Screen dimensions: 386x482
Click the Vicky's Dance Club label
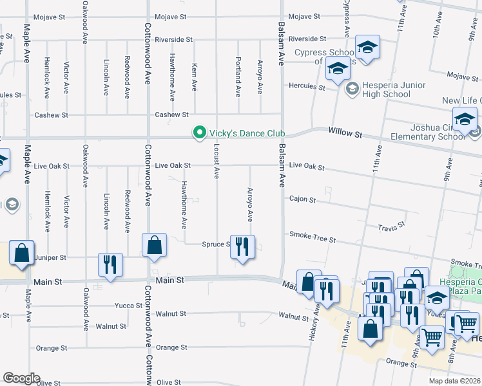(247, 133)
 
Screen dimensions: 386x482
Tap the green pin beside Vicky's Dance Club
(200, 133)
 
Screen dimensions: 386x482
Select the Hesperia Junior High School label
(386, 89)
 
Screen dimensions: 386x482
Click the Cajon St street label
(302, 199)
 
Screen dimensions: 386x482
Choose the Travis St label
(390, 226)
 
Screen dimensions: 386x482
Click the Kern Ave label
(194, 77)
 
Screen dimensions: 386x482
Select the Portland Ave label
(238, 77)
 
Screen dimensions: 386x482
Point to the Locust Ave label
(217, 163)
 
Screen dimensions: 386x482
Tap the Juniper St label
(53, 257)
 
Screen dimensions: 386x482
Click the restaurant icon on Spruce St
(242, 248)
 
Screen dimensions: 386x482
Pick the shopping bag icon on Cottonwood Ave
(154, 245)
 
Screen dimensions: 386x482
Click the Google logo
(21, 378)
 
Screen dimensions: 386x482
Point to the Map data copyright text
(454, 381)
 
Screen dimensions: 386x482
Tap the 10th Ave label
(438, 28)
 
